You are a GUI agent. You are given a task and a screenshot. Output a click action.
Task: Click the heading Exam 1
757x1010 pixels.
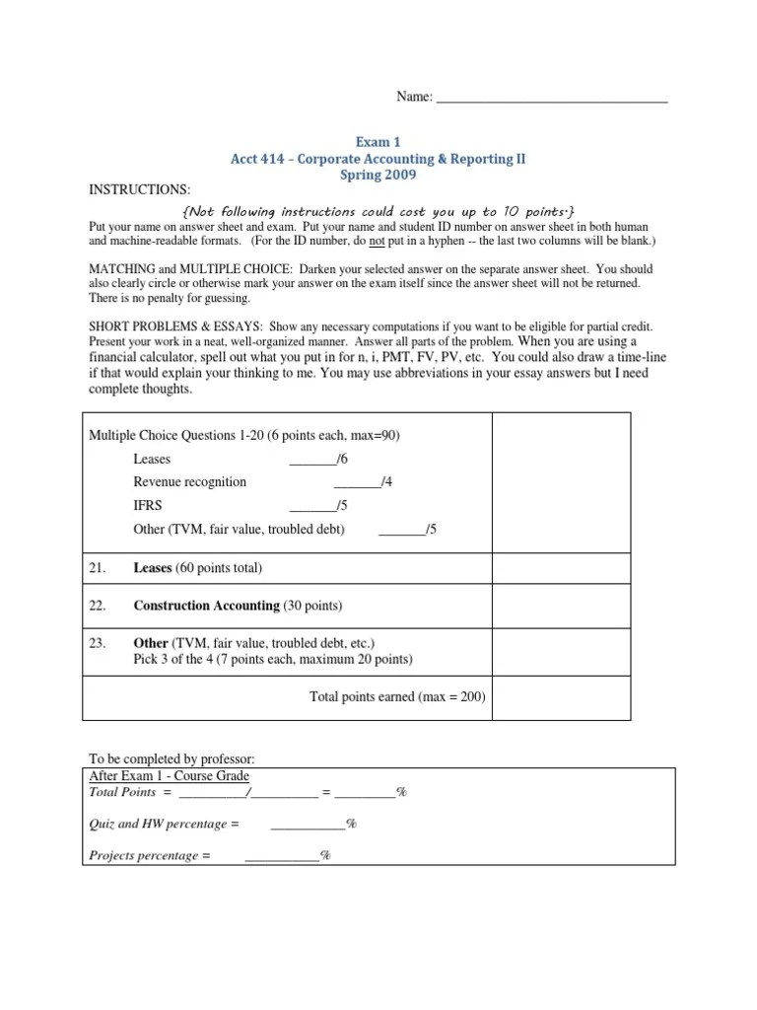pyautogui.click(x=378, y=142)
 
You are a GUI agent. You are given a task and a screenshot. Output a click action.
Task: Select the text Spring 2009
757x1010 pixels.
pyautogui.click(x=378, y=176)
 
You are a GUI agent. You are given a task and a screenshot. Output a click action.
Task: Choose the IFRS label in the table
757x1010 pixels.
pyautogui.click(x=148, y=505)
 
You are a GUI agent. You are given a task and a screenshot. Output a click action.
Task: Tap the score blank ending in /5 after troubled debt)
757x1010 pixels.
pyautogui.click(x=401, y=530)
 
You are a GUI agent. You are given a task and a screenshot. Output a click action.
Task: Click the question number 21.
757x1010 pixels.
pyautogui.click(x=98, y=568)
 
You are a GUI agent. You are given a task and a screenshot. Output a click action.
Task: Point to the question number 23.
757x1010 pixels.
pyautogui.click(x=98, y=642)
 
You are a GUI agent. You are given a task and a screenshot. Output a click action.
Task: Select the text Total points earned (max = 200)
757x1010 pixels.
pyautogui.click(x=397, y=696)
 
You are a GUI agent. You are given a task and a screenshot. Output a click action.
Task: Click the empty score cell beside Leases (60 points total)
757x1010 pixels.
pyautogui.click(x=560, y=568)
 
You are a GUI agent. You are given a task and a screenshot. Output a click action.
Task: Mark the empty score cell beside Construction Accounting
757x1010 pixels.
pyautogui.click(x=560, y=606)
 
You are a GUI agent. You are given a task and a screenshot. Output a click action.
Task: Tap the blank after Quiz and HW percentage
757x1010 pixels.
pyautogui.click(x=308, y=824)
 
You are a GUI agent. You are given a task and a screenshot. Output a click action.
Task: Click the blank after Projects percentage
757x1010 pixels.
pyautogui.click(x=282, y=856)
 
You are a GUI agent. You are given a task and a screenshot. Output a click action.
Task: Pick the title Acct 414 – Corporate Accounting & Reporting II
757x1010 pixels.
pyautogui.click(x=378, y=159)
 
